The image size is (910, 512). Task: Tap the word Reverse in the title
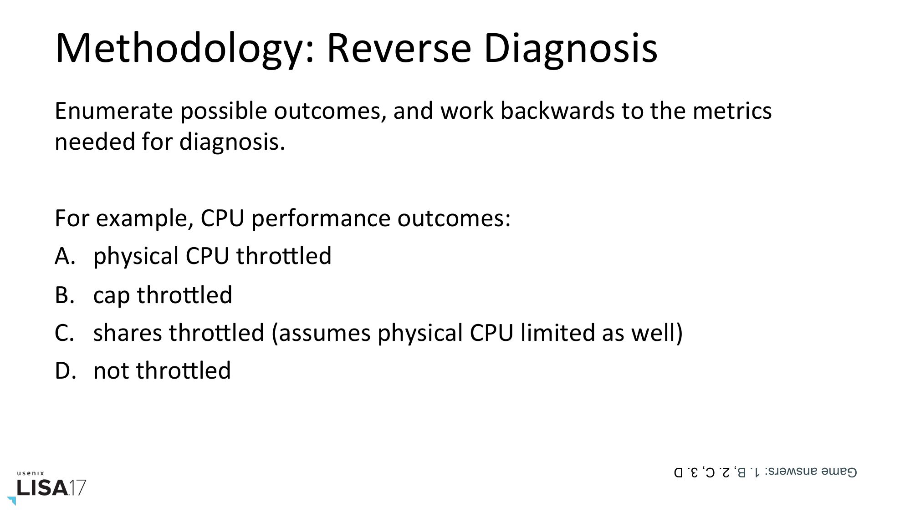(x=399, y=48)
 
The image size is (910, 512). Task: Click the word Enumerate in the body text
(x=113, y=111)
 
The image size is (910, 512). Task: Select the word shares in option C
(x=128, y=333)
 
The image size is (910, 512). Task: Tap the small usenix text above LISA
(x=31, y=474)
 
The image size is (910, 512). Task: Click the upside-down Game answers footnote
(x=765, y=472)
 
